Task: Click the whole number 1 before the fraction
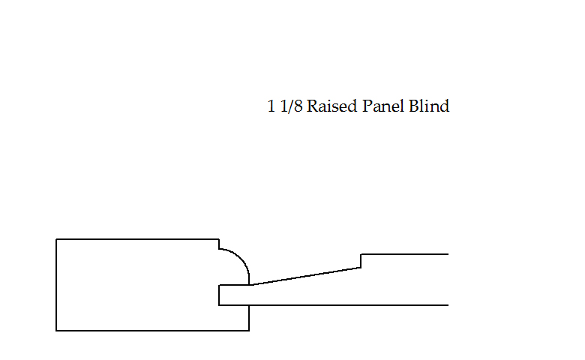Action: [x=271, y=106]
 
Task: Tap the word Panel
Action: [x=383, y=106]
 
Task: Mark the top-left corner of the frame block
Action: [x=56, y=239]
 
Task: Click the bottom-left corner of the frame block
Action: [x=56, y=330]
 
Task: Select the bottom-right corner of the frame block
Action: [x=249, y=330]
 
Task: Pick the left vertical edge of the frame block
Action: [x=56, y=285]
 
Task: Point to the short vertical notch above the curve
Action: [x=218, y=244]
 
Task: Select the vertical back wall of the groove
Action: [x=219, y=295]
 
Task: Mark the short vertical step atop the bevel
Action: [x=361, y=261]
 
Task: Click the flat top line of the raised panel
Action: [x=405, y=254]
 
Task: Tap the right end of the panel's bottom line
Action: [x=447, y=305]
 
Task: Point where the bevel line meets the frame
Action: [x=250, y=285]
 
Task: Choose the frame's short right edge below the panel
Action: [x=249, y=317]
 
